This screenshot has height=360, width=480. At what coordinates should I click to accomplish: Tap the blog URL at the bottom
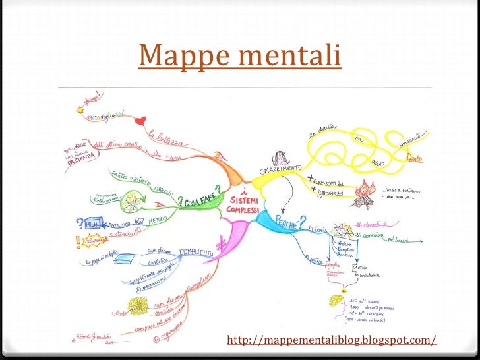pyautogui.click(x=331, y=340)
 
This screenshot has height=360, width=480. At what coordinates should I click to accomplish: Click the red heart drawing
pyautogui.click(x=140, y=121)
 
